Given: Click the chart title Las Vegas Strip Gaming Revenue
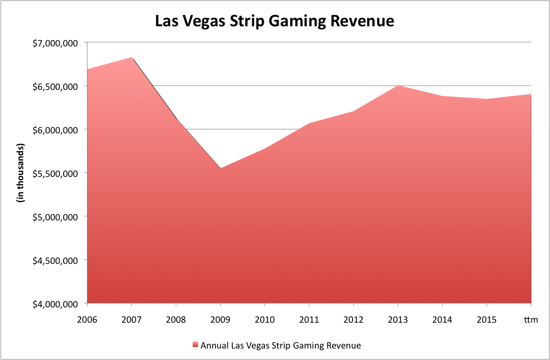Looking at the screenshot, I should click(274, 22).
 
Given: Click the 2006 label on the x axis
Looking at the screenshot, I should click(87, 319).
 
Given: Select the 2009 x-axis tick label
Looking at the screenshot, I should click(220, 319).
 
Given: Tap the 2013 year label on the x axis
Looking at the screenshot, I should click(398, 319).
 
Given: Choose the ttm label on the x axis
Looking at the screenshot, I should click(531, 319).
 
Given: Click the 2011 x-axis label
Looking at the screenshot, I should click(309, 319).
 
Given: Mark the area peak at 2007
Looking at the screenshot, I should click(132, 57).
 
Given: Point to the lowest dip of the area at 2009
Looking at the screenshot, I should click(220, 168).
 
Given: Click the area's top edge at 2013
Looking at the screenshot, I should click(398, 85).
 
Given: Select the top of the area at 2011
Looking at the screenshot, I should click(309, 123).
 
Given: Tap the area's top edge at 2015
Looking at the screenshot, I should click(486, 99).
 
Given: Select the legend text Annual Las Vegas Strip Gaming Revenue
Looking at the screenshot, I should click(280, 345).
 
